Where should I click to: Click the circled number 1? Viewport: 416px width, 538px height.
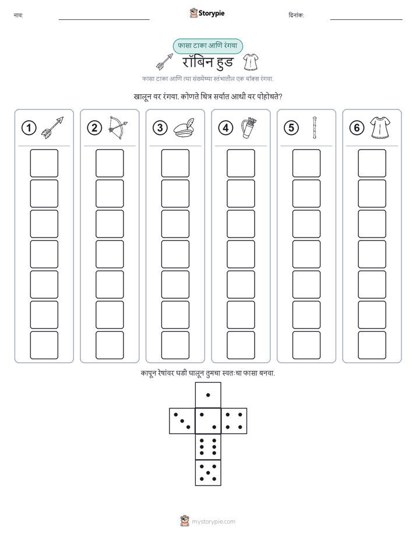click(x=29, y=128)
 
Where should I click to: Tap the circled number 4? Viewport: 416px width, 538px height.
click(x=225, y=128)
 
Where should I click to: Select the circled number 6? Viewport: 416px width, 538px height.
click(x=357, y=128)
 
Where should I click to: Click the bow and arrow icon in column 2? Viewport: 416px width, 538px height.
click(x=118, y=128)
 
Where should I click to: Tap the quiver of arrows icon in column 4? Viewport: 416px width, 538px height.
click(x=249, y=128)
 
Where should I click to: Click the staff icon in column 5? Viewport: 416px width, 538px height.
click(x=315, y=128)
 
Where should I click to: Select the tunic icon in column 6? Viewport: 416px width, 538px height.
click(x=380, y=128)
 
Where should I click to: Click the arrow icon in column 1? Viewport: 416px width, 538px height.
click(x=52, y=128)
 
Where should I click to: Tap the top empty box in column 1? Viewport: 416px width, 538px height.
click(x=44, y=163)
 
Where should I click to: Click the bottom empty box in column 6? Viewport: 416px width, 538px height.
click(x=372, y=345)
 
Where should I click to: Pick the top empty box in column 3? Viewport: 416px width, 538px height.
click(x=175, y=163)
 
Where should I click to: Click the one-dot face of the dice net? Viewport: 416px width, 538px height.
click(x=208, y=395)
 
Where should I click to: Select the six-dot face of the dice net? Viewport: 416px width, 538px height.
click(x=208, y=447)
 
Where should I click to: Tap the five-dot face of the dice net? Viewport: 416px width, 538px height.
click(x=208, y=472)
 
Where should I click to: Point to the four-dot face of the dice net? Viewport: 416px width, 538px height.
click(x=234, y=421)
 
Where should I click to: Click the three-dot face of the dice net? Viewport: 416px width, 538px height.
click(x=182, y=421)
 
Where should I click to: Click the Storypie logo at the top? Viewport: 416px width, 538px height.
click(x=207, y=13)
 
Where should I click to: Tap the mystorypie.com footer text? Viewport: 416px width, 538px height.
click(x=213, y=522)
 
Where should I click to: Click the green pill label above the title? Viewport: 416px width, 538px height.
click(x=207, y=46)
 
